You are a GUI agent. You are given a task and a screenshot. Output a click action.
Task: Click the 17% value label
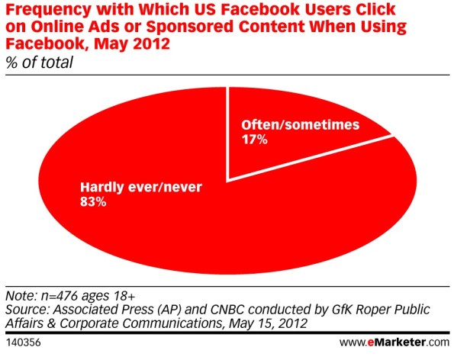point(255,140)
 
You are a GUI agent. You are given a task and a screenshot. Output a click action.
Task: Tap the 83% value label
point(93,201)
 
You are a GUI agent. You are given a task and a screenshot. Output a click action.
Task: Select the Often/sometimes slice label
point(301,125)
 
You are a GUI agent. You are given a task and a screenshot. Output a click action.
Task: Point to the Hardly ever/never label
point(141,187)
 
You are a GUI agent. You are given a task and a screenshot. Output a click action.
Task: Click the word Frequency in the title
point(48,10)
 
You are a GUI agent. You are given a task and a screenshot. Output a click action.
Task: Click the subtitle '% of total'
point(40,63)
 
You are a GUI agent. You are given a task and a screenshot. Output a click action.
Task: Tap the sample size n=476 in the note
point(60,296)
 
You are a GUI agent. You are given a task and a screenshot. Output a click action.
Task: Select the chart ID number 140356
point(23,342)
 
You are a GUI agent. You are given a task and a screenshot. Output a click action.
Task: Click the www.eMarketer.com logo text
point(394,342)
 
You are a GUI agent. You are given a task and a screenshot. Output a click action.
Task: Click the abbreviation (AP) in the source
point(169,310)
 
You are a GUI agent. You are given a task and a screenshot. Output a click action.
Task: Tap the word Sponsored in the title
point(190,27)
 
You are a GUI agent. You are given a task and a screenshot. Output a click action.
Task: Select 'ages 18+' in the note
point(108,296)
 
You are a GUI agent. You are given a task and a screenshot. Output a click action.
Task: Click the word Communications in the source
point(172,323)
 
